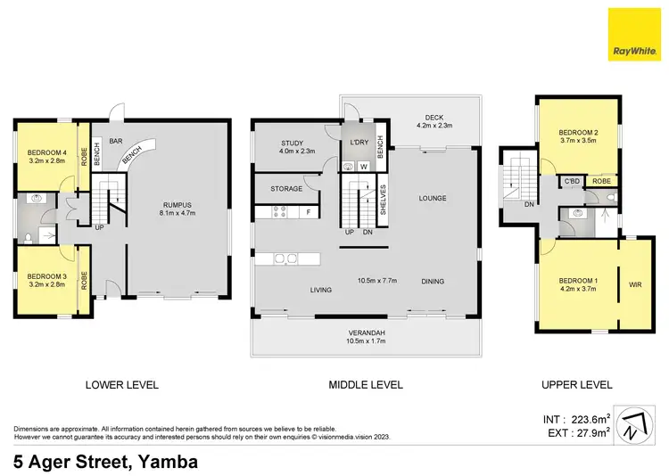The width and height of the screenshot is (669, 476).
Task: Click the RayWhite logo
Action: click(634, 34)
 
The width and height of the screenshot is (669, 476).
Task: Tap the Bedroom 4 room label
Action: click(45, 152)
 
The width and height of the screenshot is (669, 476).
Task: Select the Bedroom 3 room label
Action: click(45, 276)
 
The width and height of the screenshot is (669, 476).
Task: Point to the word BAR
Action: click(115, 141)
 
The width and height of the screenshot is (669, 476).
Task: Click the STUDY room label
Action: click(293, 143)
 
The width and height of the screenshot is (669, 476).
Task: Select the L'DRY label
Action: click(359, 143)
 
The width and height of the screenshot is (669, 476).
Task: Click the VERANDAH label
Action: click(367, 332)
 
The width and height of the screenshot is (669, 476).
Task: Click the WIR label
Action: click(636, 286)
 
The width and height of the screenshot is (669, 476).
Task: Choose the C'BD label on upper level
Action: click(572, 181)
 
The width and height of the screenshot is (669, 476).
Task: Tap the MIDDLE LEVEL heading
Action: click(366, 385)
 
